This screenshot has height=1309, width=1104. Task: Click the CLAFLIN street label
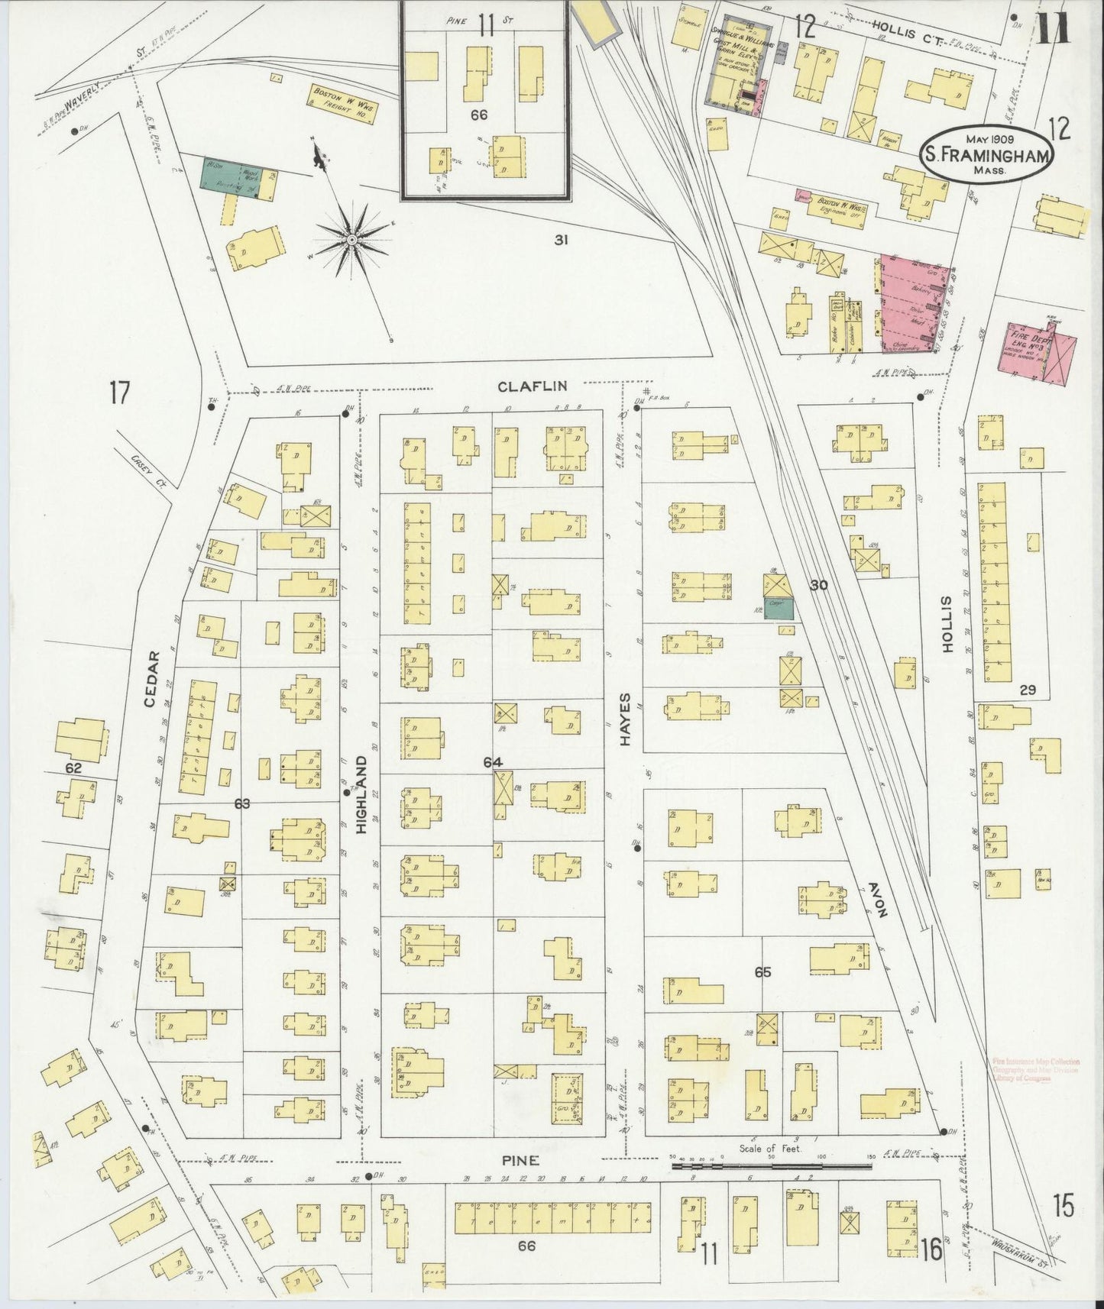(x=532, y=386)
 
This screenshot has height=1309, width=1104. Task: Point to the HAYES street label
(x=625, y=719)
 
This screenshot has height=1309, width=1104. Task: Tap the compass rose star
(x=352, y=240)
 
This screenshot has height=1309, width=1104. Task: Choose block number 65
(x=762, y=972)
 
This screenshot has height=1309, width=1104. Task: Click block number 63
(x=242, y=803)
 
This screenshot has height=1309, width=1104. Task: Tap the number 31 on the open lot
(x=562, y=240)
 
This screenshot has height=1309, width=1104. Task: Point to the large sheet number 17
(x=119, y=393)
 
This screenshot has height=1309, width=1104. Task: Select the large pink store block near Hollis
(x=914, y=305)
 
